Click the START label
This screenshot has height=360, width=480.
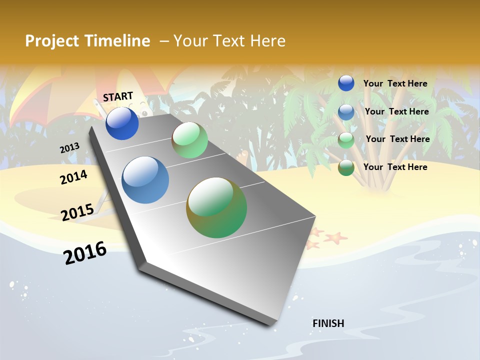tap(118, 96)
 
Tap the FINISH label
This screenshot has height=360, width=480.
tap(328, 323)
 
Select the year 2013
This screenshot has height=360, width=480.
tap(69, 148)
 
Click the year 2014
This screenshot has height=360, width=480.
tap(73, 177)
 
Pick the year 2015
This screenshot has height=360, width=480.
tap(77, 212)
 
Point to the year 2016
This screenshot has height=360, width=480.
tap(85, 252)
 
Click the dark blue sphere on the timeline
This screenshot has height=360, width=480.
tap(122, 123)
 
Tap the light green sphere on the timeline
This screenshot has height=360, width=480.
tap(189, 140)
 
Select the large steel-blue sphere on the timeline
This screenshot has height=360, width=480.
tap(145, 180)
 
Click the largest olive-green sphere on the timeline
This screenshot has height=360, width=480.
tap(216, 207)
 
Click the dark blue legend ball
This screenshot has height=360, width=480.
tap(346, 83)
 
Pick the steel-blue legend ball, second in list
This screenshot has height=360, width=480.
tap(346, 112)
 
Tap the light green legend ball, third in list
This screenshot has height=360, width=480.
tap(346, 140)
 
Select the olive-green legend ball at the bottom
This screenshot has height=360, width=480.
tap(346, 168)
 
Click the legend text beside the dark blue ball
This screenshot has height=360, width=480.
tap(395, 83)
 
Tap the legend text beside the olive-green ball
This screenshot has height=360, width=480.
tap(395, 167)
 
